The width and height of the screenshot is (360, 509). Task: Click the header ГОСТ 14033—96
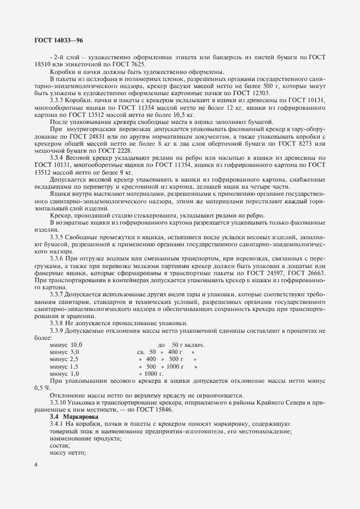click(x=59, y=40)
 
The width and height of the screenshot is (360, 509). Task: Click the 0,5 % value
click(x=41, y=388)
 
